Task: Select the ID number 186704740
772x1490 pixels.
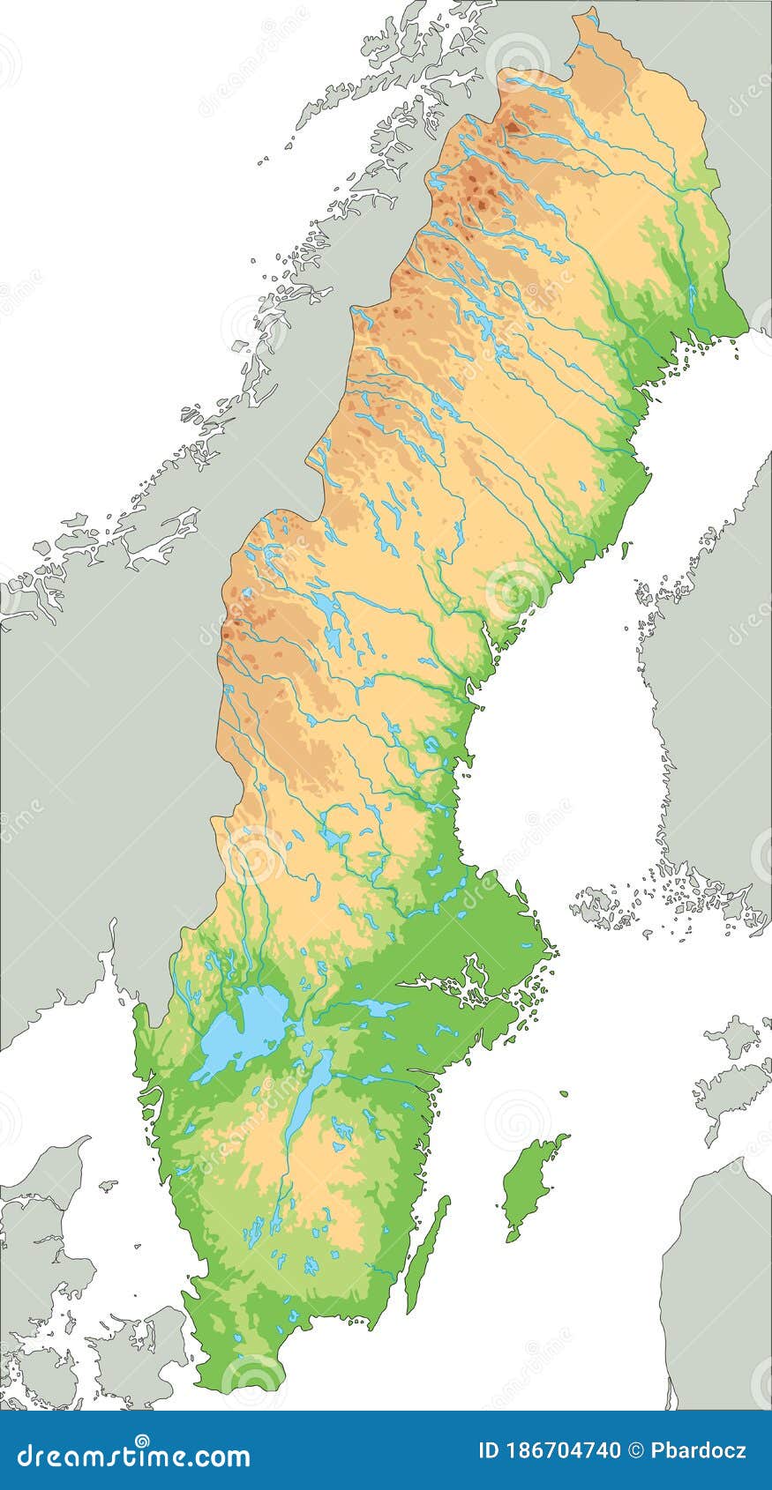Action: coord(565,1449)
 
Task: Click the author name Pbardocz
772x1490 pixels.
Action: coord(698,1449)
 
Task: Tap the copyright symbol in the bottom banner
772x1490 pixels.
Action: coord(637,1449)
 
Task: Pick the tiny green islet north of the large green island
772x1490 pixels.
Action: coord(564,1094)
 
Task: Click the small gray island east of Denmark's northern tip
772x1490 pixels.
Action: coord(108,1185)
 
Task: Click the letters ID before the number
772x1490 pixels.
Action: coord(488,1449)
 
